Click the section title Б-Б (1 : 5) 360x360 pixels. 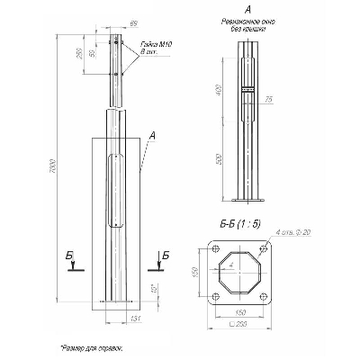pos(241,226)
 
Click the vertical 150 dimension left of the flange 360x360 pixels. pos(193,272)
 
